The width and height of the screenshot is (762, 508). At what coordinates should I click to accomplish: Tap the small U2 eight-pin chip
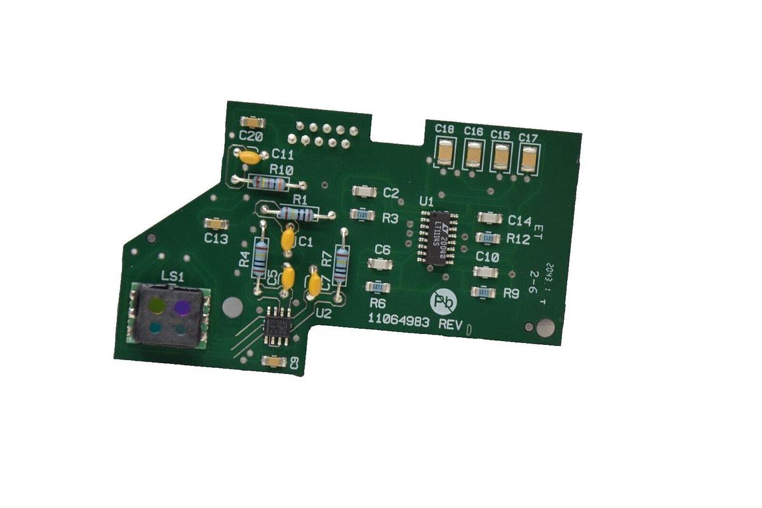point(277,324)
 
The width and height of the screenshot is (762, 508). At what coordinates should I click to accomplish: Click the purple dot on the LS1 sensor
point(182,307)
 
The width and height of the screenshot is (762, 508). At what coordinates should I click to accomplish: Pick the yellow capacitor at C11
point(250,155)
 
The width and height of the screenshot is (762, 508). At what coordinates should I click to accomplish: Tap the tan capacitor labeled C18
point(446,153)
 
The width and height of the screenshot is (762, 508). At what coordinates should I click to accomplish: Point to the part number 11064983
point(399,322)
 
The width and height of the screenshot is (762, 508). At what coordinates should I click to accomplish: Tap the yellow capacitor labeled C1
point(287,240)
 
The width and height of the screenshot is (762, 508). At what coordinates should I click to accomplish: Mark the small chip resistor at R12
point(486,238)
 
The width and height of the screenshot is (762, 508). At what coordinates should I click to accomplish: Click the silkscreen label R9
point(511,293)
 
